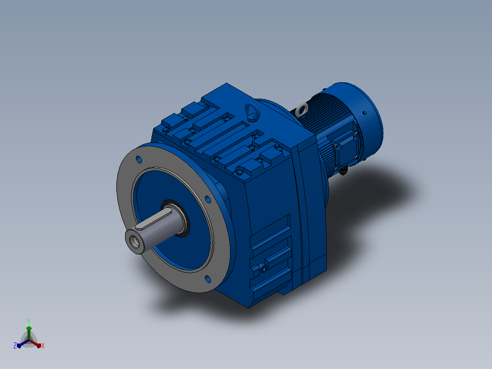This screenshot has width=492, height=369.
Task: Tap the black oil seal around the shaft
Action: click(176, 218)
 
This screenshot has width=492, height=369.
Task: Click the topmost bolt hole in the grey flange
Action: click(139, 159)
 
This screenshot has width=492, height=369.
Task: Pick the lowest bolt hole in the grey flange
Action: click(208, 279)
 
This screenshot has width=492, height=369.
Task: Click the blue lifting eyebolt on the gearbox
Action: click(252, 111)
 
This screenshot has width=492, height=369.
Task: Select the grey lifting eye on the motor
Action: click(302, 110)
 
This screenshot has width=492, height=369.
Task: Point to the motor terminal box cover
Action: click(345, 150)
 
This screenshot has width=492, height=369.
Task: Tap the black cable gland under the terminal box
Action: click(344, 170)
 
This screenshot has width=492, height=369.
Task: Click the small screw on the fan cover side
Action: click(365, 113)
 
